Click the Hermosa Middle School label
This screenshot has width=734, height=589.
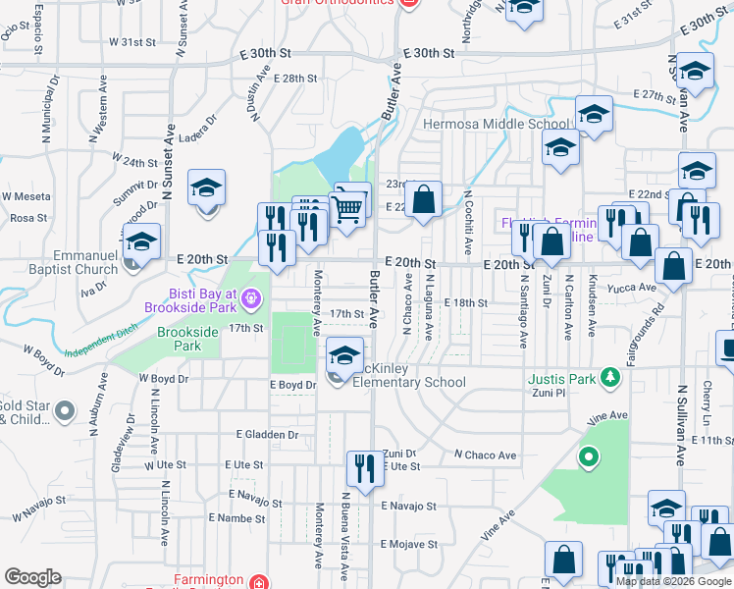tap(496, 125)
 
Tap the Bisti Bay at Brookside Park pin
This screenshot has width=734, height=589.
tap(250, 294)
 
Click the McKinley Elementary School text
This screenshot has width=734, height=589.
tap(402, 375)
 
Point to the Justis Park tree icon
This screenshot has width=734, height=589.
tap(609, 377)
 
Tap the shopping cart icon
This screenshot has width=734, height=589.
tap(348, 207)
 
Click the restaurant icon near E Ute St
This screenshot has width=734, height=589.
tap(364, 468)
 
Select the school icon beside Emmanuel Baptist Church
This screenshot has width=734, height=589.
tap(141, 244)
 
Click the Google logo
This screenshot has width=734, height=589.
tap(33, 576)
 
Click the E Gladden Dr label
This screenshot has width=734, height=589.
tap(267, 434)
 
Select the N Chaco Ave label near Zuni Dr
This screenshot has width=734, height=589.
tap(484, 455)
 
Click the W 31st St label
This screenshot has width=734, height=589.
tap(133, 42)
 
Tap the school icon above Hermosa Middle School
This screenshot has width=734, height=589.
tap(594, 115)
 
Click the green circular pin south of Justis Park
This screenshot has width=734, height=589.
tap(588, 455)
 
